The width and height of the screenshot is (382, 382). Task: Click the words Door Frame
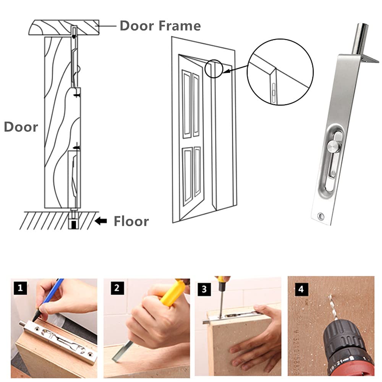[x=160, y=26]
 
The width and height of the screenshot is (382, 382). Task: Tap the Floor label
[x=131, y=221]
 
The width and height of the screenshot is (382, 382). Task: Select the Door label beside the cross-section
[x=21, y=127]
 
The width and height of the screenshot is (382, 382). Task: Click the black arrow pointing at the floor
[x=101, y=221]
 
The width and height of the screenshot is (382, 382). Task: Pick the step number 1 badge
[x=21, y=288]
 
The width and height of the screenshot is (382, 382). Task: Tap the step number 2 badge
[x=117, y=288]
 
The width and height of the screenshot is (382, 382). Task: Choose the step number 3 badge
[x=204, y=289]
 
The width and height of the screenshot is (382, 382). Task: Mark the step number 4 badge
[x=301, y=289]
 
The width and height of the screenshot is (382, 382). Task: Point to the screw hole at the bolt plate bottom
[x=321, y=215]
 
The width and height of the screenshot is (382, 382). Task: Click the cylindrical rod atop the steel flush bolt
[x=359, y=39]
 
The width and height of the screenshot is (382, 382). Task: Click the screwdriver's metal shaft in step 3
[x=221, y=305]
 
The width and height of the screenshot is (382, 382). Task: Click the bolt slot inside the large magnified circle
[x=274, y=92]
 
